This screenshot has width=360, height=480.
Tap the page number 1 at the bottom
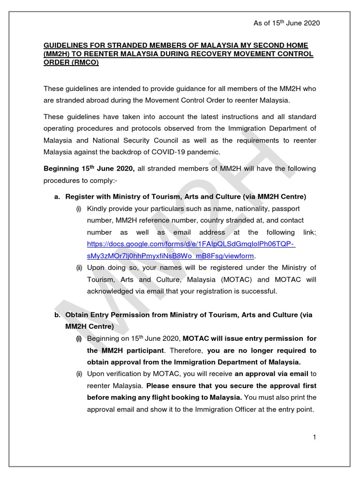315,437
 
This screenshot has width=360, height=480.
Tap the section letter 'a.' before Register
57,196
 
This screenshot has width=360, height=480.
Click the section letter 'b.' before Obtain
57,315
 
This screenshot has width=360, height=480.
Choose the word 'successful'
261,292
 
